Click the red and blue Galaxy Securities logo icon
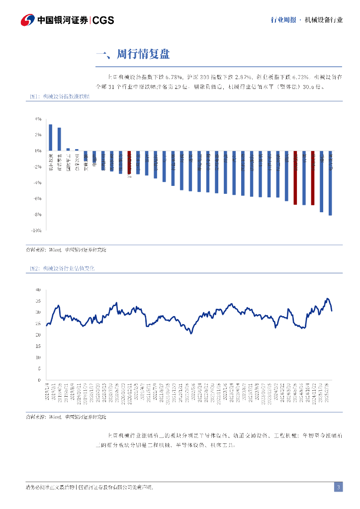click(x=27, y=20)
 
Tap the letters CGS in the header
click(x=103, y=20)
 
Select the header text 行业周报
click(x=283, y=20)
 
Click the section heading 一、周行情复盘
click(x=133, y=54)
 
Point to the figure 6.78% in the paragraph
click(x=172, y=77)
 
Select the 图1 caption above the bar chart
click(x=59, y=96)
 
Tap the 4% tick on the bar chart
click(x=38, y=119)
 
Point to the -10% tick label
click(x=37, y=231)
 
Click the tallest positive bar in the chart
click(x=50, y=137)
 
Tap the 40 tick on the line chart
click(x=38, y=289)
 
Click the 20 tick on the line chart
click(x=38, y=335)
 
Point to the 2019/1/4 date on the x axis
click(x=46, y=390)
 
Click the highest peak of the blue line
click(x=327, y=299)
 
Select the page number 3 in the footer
click(x=338, y=487)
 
